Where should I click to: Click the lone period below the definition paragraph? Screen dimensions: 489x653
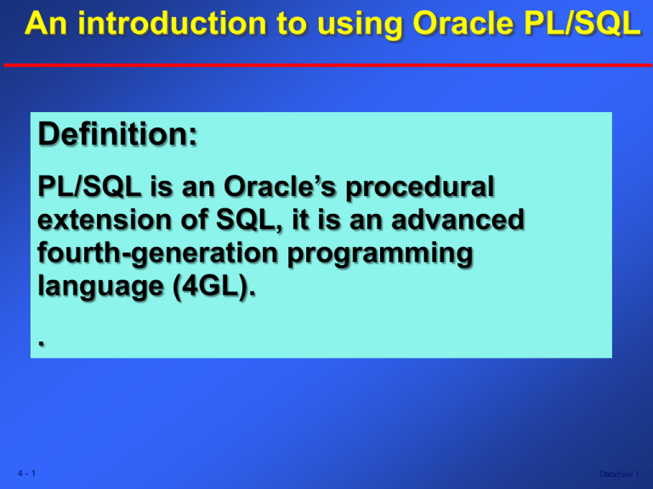(41, 341)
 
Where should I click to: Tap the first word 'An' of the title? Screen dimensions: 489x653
(42, 26)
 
